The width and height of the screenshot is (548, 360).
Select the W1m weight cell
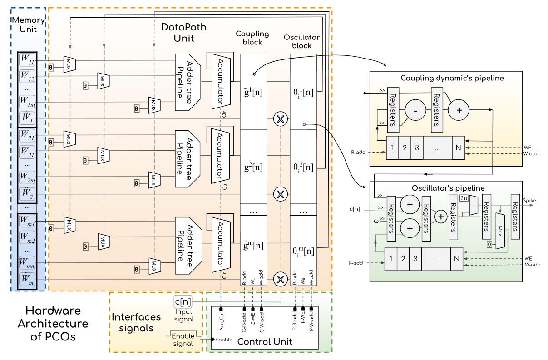pos(27,100)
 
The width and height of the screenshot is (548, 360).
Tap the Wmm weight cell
pos(27,262)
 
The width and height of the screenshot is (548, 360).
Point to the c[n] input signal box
pos(183,301)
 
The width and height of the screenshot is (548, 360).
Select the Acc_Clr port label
pos(221,323)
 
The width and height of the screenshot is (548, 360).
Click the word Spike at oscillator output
pos(529,200)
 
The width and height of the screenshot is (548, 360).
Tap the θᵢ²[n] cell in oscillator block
pos(303,167)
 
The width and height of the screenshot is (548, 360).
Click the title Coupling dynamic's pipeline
pos(452,78)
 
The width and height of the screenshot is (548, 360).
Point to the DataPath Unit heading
pos(184,33)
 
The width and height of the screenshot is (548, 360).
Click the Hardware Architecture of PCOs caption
pos(57,324)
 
